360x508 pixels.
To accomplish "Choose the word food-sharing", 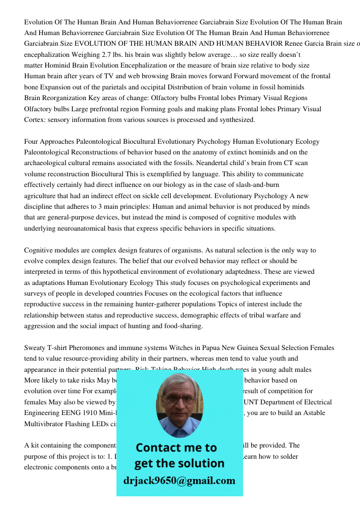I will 182,326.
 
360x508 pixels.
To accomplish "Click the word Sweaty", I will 35,348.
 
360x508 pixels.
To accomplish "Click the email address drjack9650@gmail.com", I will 179,481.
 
